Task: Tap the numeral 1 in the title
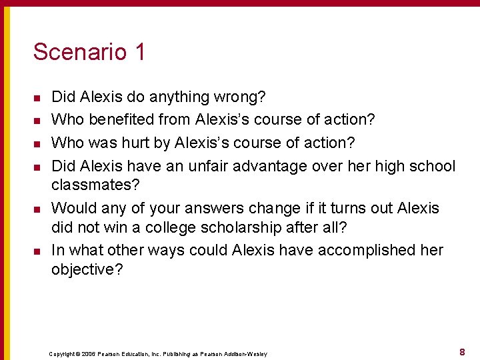point(139,52)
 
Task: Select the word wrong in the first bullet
point(241,97)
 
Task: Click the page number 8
point(462,351)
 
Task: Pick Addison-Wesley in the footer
point(244,353)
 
